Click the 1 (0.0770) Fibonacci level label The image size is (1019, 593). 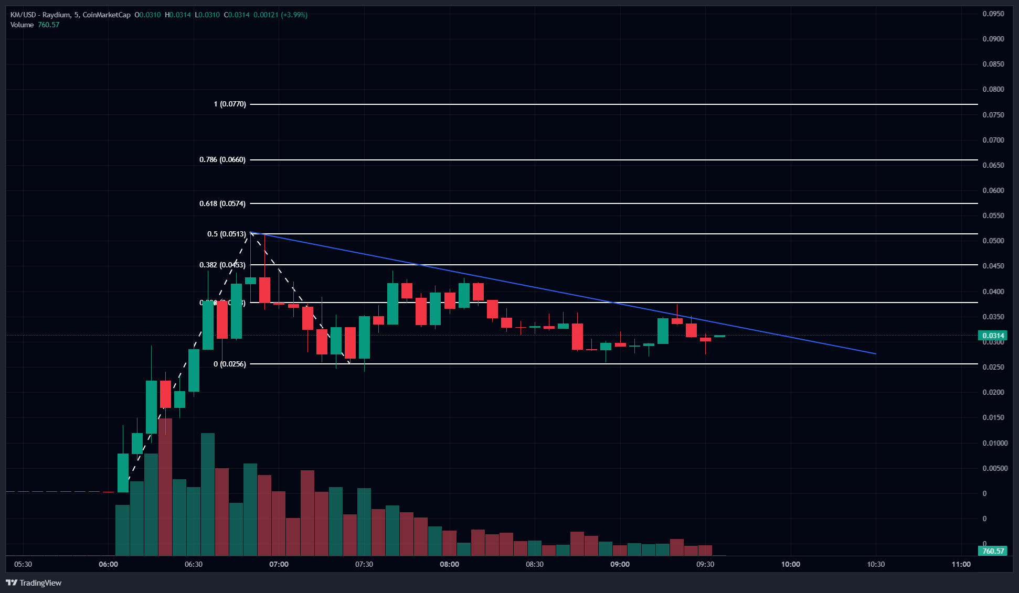pyautogui.click(x=230, y=104)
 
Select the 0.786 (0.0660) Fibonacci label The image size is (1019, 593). pyautogui.click(x=222, y=160)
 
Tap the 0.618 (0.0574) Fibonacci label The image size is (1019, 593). pyautogui.click(x=222, y=203)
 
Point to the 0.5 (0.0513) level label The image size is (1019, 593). pyautogui.click(x=227, y=234)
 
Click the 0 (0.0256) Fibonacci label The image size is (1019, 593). pyautogui.click(x=230, y=364)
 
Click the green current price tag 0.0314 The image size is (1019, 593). pyautogui.click(x=993, y=336)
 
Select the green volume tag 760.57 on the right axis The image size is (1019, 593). pyautogui.click(x=993, y=551)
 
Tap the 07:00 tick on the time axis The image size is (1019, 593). pyautogui.click(x=279, y=564)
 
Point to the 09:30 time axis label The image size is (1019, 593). pyautogui.click(x=705, y=564)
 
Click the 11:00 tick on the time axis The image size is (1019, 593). pyautogui.click(x=961, y=564)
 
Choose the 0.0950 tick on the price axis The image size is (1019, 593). pyautogui.click(x=993, y=14)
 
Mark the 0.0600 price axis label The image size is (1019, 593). pyautogui.click(x=993, y=190)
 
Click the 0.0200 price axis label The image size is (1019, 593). pyautogui.click(x=993, y=392)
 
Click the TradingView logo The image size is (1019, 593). pyautogui.click(x=34, y=583)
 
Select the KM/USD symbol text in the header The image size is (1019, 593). pyautogui.click(x=23, y=15)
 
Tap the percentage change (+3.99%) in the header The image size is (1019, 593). pyautogui.click(x=294, y=15)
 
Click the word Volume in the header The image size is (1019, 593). pyautogui.click(x=22, y=25)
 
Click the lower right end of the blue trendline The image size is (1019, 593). pyautogui.click(x=875, y=354)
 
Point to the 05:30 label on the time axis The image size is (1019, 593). pyautogui.click(x=23, y=564)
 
